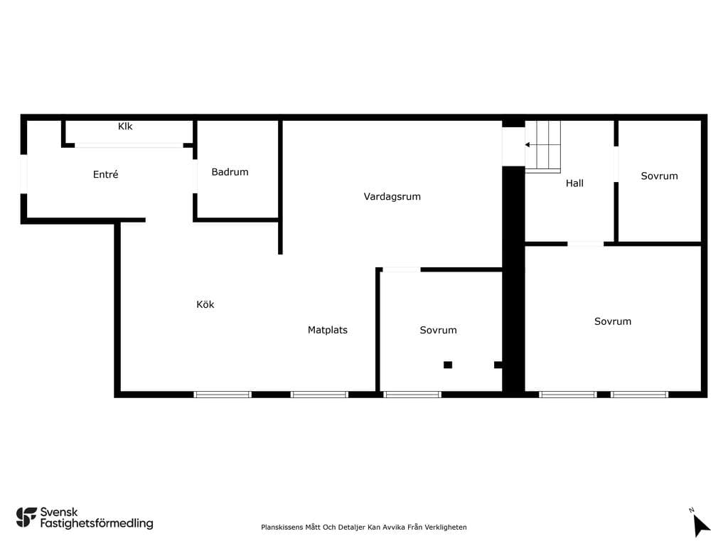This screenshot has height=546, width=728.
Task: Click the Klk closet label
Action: click(x=125, y=127)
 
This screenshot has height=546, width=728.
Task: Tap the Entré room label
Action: click(x=105, y=175)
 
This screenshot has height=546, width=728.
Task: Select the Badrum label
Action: click(x=230, y=172)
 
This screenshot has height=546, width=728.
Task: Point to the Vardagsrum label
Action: click(x=392, y=197)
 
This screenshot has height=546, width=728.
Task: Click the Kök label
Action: click(x=205, y=304)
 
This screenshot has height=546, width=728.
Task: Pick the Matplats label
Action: click(x=327, y=330)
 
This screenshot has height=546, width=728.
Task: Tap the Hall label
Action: click(x=574, y=183)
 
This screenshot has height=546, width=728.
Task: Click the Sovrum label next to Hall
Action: click(x=659, y=176)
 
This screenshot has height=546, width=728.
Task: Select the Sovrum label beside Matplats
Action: click(x=438, y=330)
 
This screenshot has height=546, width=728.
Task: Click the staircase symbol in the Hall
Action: click(x=542, y=146)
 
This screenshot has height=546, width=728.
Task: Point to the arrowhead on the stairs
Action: click(x=528, y=145)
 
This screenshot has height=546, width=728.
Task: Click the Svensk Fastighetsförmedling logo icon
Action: click(x=26, y=518)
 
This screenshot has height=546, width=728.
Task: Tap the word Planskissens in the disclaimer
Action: click(x=282, y=528)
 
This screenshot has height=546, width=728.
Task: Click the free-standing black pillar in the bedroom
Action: click(x=448, y=365)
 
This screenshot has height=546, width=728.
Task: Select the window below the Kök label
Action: click(x=223, y=395)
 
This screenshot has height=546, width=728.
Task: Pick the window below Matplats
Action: click(x=319, y=395)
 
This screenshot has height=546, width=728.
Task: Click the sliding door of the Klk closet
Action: click(x=129, y=145)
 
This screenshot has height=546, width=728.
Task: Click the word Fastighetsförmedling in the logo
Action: click(x=97, y=524)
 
